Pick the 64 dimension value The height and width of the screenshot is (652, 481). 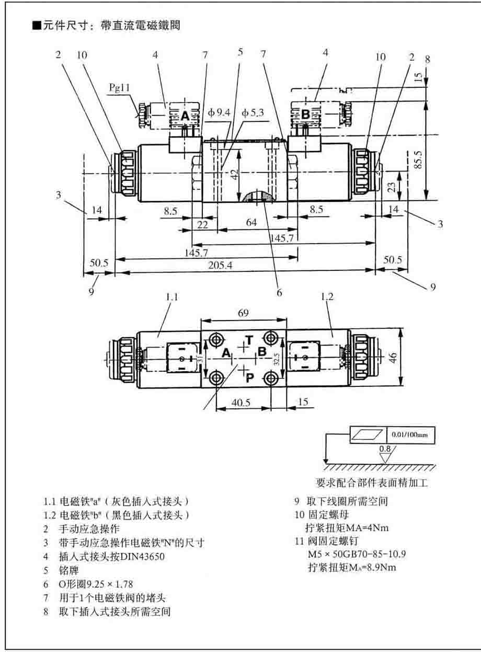[x=251, y=222]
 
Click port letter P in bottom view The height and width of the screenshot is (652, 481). [x=250, y=378]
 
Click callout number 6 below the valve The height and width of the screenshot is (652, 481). [x=279, y=293]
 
